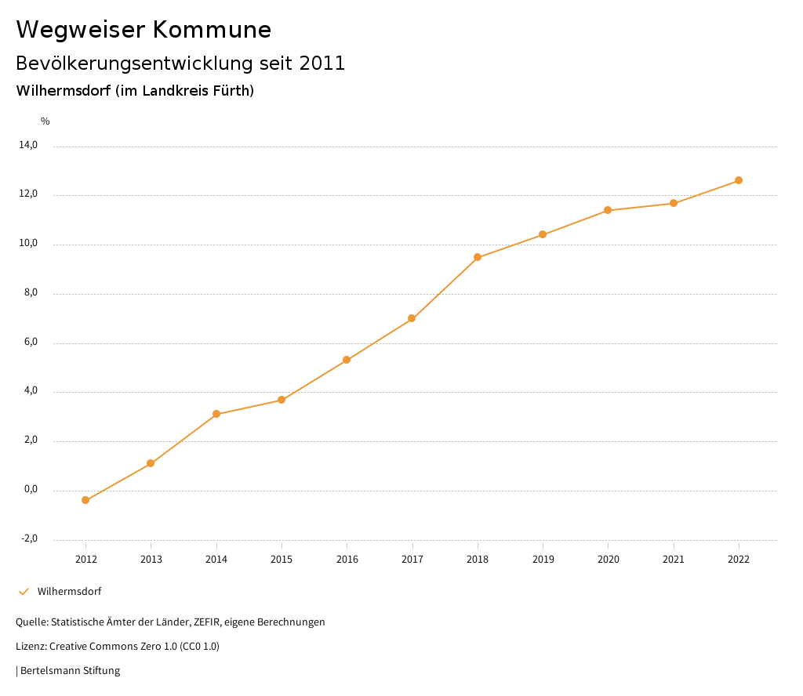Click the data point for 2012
click(x=85, y=500)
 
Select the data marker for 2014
click(x=216, y=414)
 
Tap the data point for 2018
click(x=478, y=257)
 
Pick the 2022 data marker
click(x=739, y=180)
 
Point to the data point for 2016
click(x=347, y=360)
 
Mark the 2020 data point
click(x=608, y=210)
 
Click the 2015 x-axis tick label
click(x=282, y=559)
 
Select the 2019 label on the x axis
click(x=543, y=559)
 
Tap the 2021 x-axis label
click(x=674, y=559)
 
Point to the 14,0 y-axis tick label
click(x=28, y=145)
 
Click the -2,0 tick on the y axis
click(x=28, y=538)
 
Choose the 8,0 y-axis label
click(x=31, y=292)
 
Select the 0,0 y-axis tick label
click(x=31, y=489)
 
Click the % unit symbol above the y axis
click(x=45, y=121)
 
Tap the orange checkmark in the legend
click(x=24, y=591)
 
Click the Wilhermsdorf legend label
click(x=69, y=591)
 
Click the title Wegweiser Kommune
click(x=144, y=30)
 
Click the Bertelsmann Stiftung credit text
click(x=70, y=671)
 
